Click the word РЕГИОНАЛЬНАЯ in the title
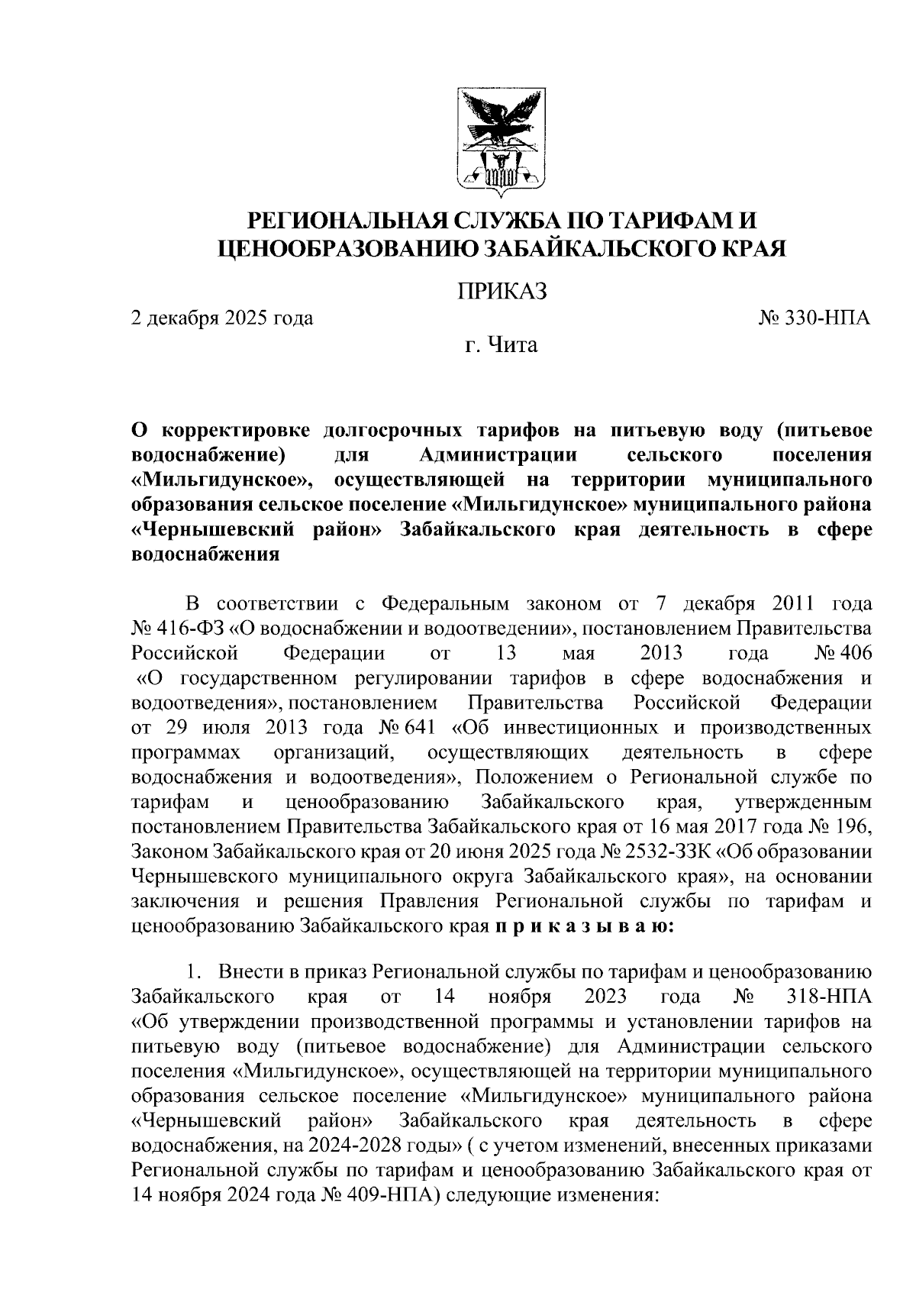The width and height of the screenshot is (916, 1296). tap(341, 221)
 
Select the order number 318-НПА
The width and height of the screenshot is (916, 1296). tap(827, 997)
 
